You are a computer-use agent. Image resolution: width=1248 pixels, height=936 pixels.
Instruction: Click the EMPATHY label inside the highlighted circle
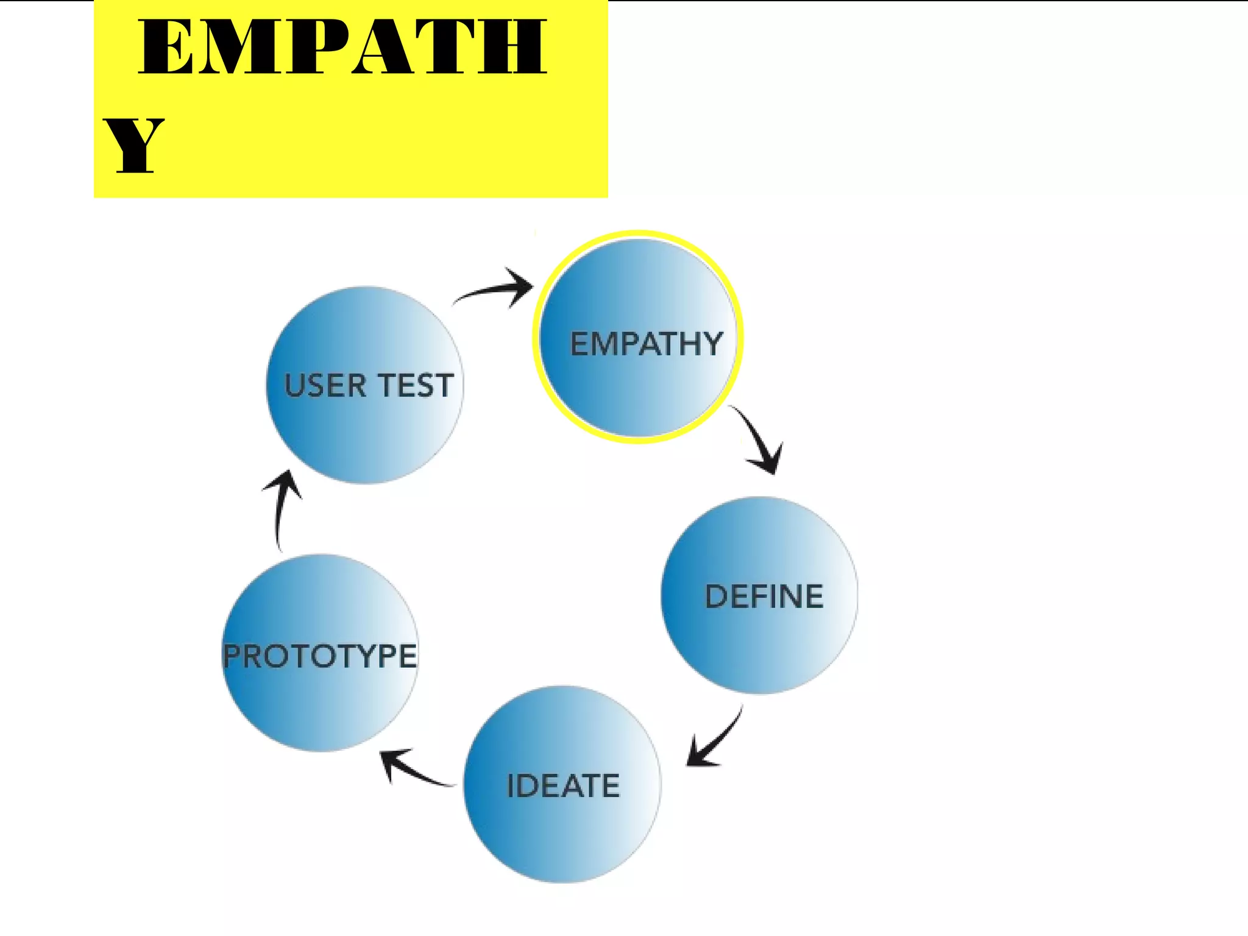[646, 344]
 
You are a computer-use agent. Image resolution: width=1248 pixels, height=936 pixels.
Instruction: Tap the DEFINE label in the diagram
[764, 597]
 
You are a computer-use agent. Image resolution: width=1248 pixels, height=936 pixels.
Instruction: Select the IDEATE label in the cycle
[563, 785]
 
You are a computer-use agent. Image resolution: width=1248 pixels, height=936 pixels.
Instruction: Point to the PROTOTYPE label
[320, 656]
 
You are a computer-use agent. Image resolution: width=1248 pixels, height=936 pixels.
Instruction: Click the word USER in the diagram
[325, 386]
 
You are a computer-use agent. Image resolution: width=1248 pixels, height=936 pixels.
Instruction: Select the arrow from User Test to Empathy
[497, 289]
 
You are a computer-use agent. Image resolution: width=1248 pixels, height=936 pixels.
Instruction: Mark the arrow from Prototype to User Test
[282, 506]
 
